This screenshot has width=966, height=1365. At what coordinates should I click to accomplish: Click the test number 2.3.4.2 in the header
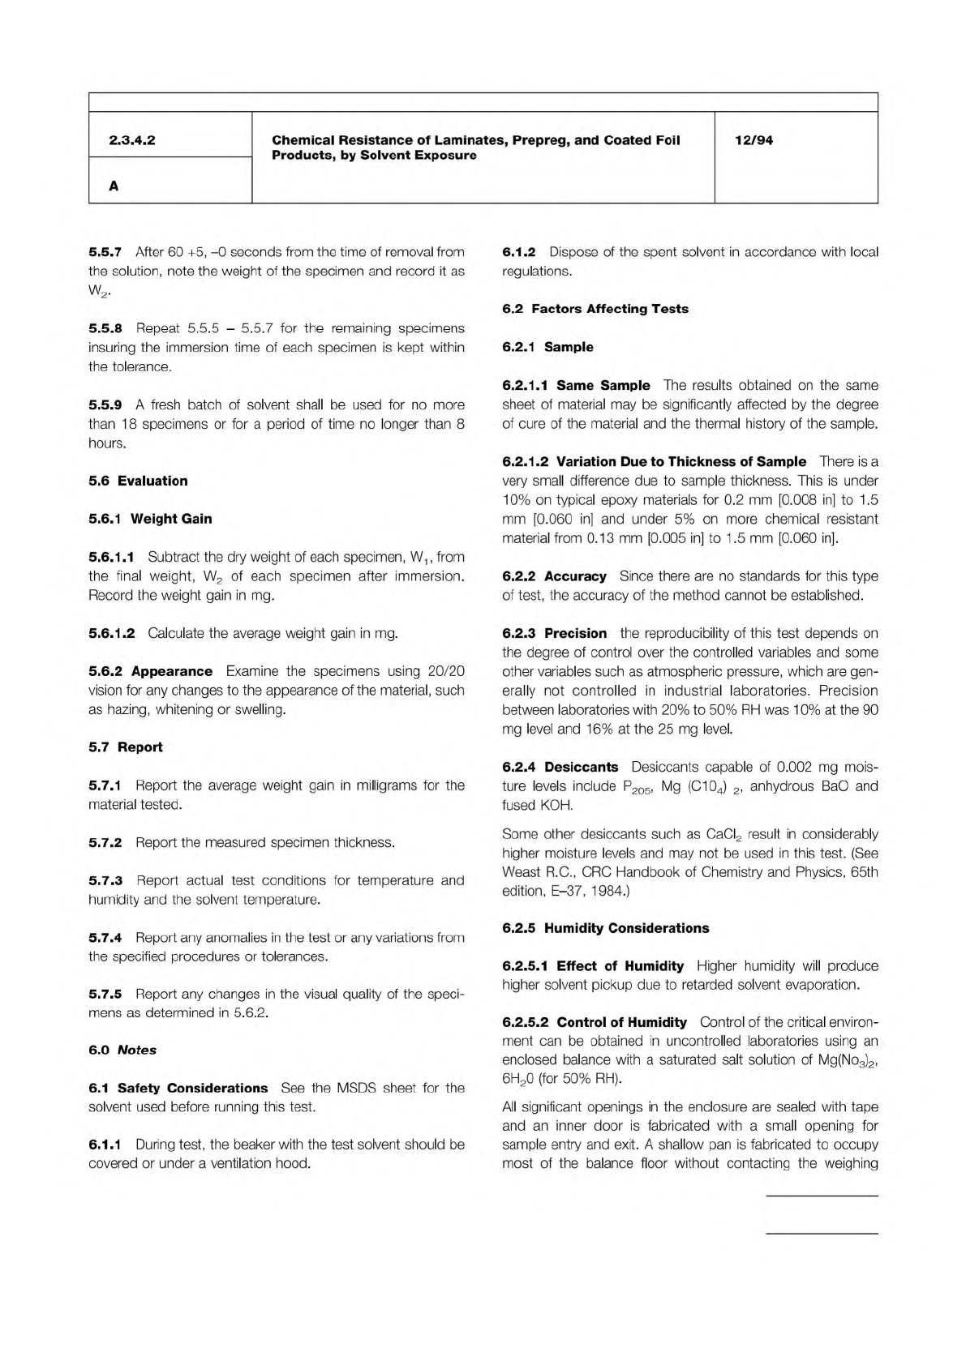132,140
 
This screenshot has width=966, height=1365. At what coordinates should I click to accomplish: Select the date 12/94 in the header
753,140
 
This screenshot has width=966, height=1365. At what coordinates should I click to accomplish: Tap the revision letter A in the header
114,186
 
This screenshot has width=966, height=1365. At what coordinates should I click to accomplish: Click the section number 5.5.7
105,252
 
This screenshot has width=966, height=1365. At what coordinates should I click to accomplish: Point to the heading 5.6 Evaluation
138,481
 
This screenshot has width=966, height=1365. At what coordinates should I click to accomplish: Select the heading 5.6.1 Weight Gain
150,519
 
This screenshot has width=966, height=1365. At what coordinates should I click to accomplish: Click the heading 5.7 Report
126,747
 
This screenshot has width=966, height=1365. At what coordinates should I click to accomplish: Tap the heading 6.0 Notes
122,1050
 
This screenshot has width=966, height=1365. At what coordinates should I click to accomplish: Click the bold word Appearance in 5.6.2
172,671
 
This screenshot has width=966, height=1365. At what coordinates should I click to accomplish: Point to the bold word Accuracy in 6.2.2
575,576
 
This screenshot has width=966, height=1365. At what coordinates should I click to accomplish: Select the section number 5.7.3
105,880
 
